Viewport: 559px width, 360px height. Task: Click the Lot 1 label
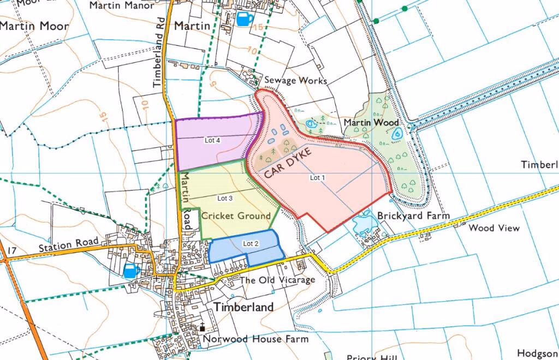317,178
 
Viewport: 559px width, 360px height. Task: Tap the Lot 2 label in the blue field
251,243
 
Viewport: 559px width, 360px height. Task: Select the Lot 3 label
225,198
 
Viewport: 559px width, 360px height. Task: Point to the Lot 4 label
212,140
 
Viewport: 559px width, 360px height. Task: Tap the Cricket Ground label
236,216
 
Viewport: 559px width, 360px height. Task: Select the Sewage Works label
295,80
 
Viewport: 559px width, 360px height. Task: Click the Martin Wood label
371,123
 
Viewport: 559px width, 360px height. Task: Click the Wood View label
494,228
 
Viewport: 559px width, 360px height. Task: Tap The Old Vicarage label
277,280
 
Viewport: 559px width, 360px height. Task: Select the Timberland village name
243,307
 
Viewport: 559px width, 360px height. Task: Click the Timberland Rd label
158,60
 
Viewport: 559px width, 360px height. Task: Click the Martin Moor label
34,26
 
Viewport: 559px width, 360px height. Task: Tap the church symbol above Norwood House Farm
202,327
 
